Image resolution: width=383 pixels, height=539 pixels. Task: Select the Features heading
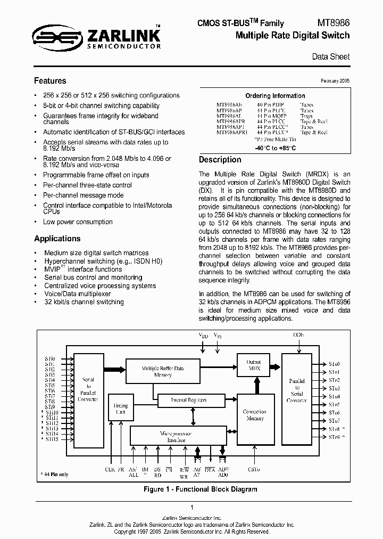(50, 81)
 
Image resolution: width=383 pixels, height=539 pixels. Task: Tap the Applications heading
(57, 239)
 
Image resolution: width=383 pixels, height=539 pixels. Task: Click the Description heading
(220, 160)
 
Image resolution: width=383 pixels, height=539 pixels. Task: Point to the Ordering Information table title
(274, 96)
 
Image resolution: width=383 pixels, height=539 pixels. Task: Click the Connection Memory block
(254, 415)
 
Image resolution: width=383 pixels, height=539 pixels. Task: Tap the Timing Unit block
(121, 409)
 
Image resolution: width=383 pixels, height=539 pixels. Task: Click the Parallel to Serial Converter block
(297, 390)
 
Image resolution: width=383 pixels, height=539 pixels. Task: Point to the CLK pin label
(109, 470)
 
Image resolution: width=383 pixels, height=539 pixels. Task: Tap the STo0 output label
(334, 364)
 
